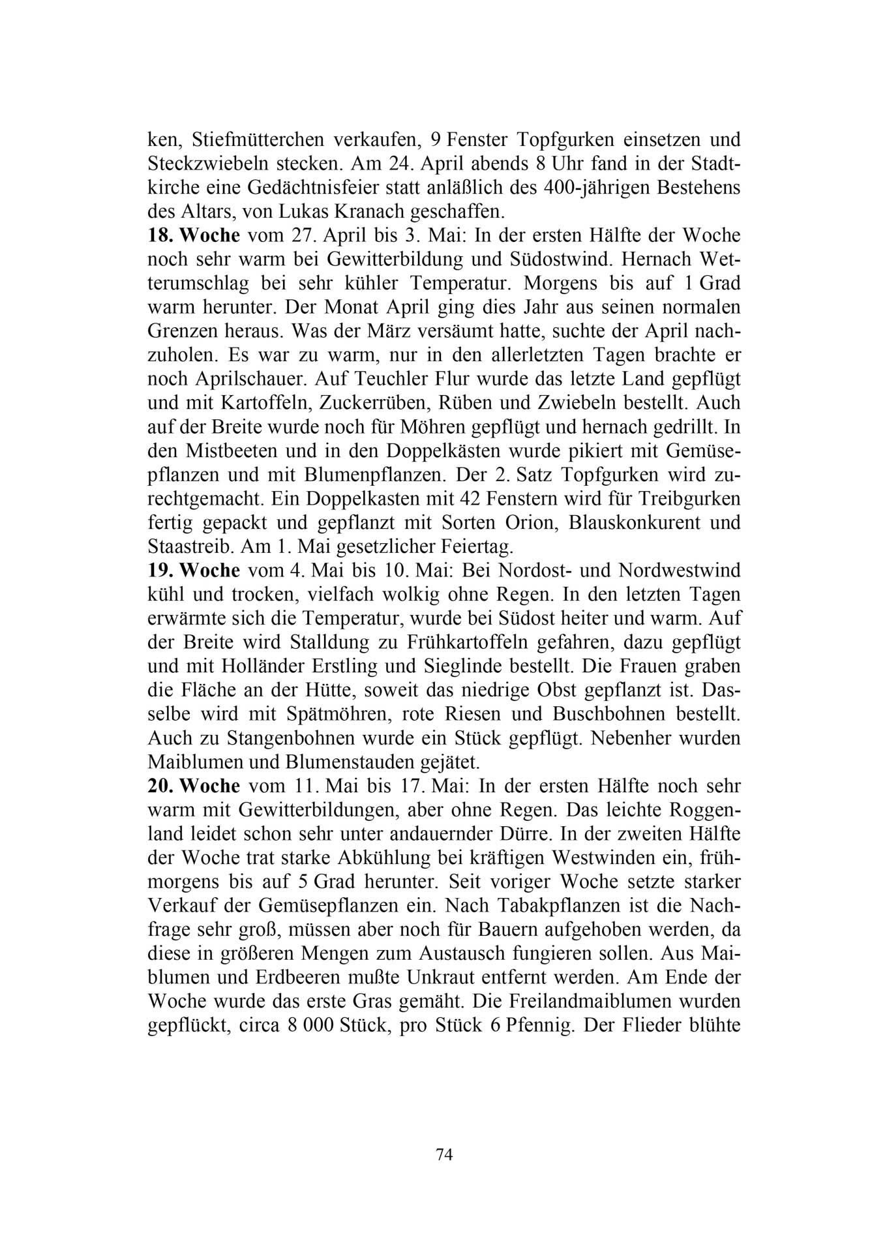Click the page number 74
443,1155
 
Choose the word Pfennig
526,1025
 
